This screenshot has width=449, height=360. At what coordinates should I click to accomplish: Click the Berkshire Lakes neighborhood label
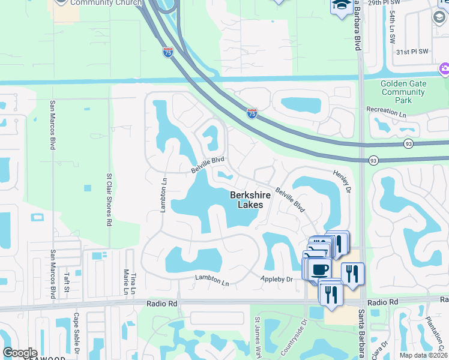point(247,200)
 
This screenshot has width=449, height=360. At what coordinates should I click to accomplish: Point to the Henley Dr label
point(341,181)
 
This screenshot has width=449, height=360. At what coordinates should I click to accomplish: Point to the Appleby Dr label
point(276,279)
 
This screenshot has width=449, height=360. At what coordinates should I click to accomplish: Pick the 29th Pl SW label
point(400,3)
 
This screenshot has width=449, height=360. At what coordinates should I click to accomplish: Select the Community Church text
point(101,2)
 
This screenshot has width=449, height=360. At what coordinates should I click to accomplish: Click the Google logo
point(20,353)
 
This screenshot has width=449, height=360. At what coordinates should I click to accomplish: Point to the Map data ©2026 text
point(423,355)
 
